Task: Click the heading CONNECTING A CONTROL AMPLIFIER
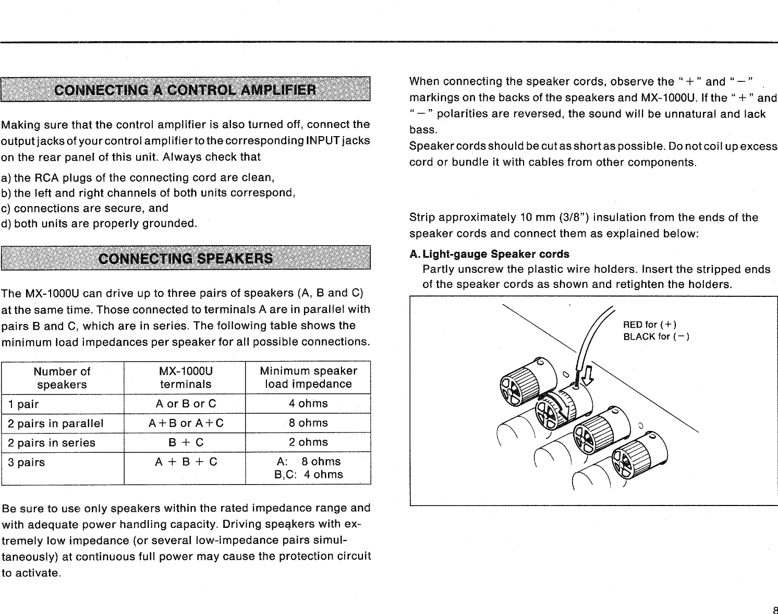click(185, 89)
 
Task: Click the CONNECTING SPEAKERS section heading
click(185, 258)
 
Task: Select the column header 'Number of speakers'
click(62, 378)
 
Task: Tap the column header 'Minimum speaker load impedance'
click(308, 377)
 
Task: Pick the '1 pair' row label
click(23, 404)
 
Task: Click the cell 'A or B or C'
click(186, 404)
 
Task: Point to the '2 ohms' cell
click(308, 442)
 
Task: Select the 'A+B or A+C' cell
click(186, 423)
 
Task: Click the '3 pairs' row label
click(26, 462)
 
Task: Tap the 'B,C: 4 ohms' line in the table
click(308, 475)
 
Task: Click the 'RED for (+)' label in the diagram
click(650, 324)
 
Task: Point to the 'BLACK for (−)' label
click(656, 336)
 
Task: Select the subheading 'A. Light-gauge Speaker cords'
click(490, 254)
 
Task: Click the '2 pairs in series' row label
click(51, 443)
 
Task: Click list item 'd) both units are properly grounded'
click(99, 224)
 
